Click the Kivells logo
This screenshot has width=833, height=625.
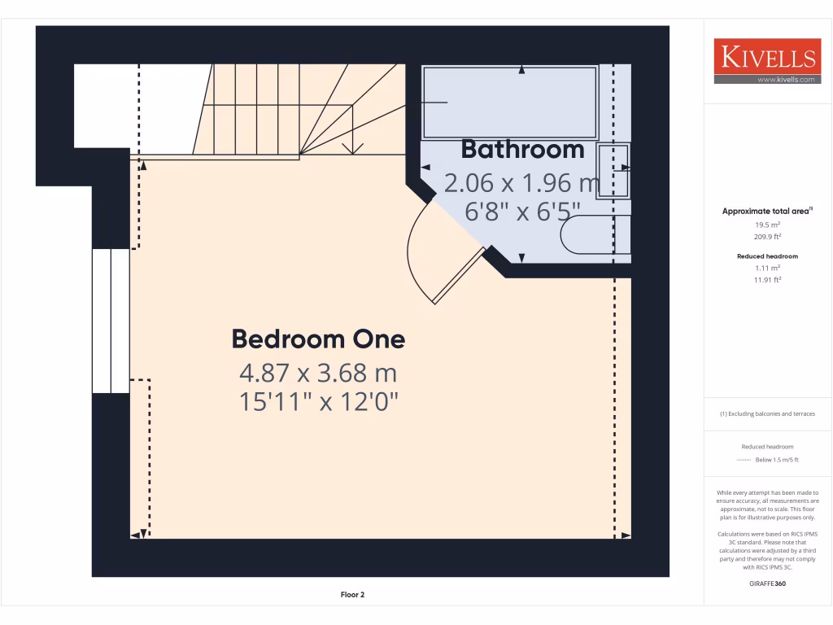tap(767, 57)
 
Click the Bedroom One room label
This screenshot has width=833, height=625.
tap(318, 339)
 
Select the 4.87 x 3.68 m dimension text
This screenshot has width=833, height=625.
tap(318, 374)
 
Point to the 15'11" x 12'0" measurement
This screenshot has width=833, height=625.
tap(318, 402)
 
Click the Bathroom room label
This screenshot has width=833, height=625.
tap(522, 150)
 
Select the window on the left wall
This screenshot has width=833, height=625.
tap(110, 321)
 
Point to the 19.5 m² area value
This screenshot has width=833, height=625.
tap(767, 224)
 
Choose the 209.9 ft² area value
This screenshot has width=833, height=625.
tap(767, 237)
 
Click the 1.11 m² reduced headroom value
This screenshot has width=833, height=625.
tap(767, 268)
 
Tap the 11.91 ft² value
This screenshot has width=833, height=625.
tap(767, 280)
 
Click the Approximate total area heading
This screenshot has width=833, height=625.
tap(765, 211)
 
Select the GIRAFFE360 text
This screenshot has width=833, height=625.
tap(767, 583)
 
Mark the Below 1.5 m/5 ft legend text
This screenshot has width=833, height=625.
tap(777, 460)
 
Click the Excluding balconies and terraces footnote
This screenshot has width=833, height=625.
tap(767, 413)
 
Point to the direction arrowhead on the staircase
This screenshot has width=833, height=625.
tap(352, 148)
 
